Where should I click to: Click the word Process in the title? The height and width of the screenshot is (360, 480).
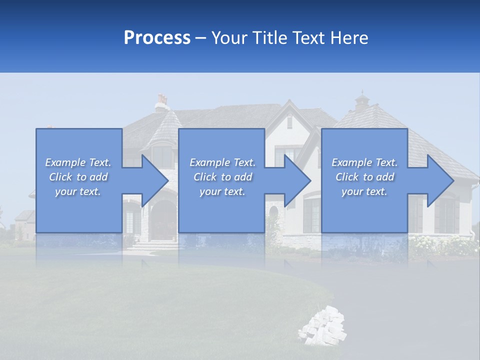[157, 38]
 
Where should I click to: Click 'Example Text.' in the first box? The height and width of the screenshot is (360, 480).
[78, 162]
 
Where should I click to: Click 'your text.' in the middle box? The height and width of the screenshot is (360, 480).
[222, 191]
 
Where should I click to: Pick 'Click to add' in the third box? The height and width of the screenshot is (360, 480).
[365, 177]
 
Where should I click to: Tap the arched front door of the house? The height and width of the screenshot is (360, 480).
[161, 220]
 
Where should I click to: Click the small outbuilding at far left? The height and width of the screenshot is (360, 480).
[24, 224]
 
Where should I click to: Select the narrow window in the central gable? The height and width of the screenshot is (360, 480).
[289, 122]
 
